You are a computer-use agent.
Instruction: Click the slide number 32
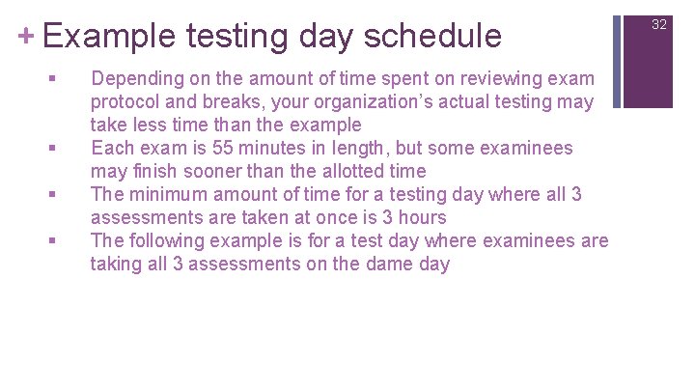(x=659, y=24)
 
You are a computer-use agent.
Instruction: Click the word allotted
(x=342, y=171)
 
